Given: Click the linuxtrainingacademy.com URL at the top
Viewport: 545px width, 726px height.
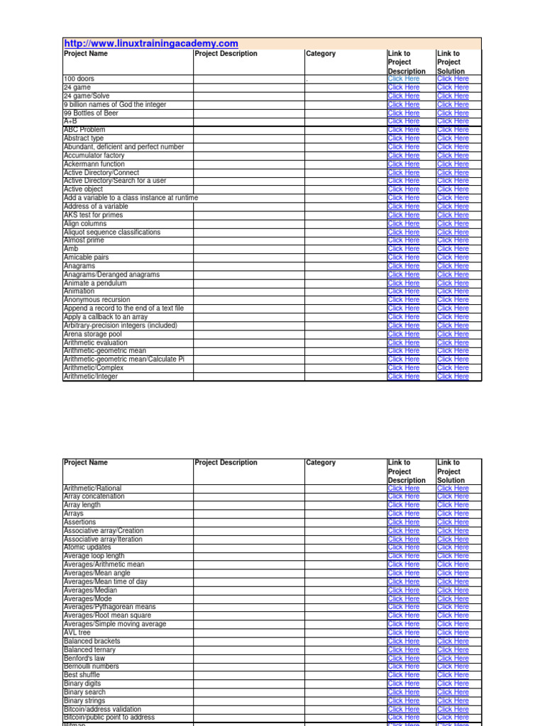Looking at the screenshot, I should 151,43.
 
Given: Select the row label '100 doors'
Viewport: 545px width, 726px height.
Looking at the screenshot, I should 79,79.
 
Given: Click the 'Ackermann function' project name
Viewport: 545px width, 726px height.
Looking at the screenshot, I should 94,164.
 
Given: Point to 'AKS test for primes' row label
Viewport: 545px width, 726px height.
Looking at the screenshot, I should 93,215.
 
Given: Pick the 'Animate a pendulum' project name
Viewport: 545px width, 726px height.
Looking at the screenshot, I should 95,283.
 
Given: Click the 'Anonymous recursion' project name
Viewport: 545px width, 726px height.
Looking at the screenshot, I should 97,300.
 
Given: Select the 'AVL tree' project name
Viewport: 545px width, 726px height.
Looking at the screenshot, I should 77,632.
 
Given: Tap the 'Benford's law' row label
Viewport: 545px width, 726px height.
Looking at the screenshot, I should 84,658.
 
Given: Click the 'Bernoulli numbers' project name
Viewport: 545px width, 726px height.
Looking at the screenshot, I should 92,666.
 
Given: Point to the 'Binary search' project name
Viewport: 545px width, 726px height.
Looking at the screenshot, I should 84,692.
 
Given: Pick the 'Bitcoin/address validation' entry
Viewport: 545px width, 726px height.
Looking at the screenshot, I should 102,709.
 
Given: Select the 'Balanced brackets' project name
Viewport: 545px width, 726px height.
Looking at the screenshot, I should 92,641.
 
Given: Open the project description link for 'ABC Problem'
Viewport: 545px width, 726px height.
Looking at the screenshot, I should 404,130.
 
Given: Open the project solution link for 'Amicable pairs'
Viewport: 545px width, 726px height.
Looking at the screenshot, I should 453,257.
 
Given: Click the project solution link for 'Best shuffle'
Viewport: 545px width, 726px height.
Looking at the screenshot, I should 453,675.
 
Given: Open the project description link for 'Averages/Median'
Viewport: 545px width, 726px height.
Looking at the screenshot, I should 404,590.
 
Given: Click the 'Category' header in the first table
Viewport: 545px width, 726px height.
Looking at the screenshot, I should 321,54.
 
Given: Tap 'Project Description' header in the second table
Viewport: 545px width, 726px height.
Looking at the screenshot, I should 226,463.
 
